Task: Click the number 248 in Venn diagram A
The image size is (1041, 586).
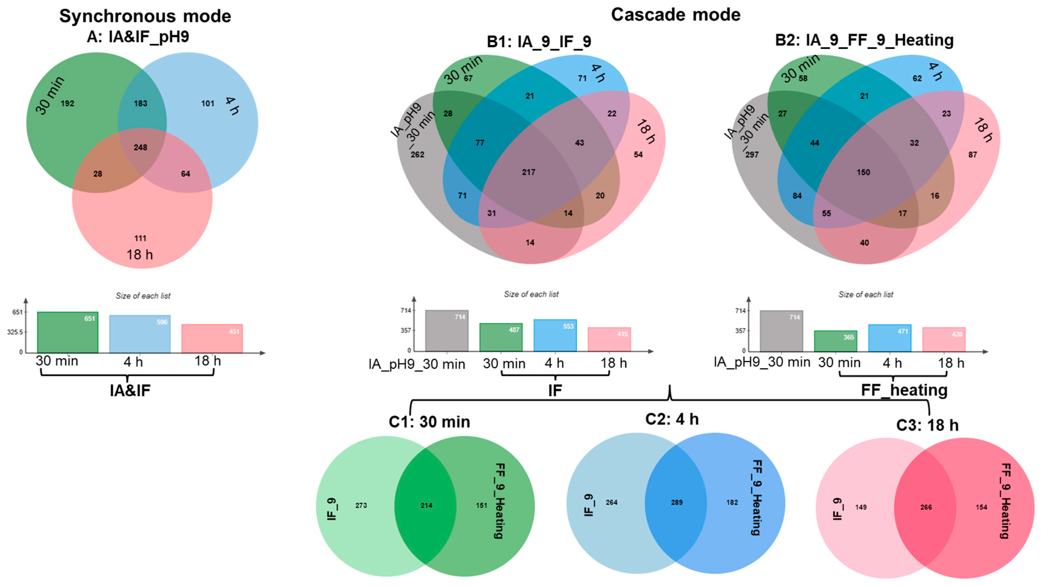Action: pyautogui.click(x=140, y=147)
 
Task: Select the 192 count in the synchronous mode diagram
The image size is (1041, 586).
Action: pyautogui.click(x=67, y=103)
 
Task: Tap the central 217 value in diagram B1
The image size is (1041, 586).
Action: pyautogui.click(x=528, y=172)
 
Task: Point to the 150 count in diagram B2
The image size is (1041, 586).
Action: pyautogui.click(x=863, y=172)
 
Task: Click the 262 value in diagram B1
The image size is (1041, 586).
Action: pyautogui.click(x=417, y=154)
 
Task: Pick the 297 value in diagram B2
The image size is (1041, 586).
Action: pyautogui.click(x=752, y=154)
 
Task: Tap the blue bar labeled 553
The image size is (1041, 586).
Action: pyautogui.click(x=555, y=335)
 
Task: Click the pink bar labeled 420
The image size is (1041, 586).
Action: pyautogui.click(x=944, y=340)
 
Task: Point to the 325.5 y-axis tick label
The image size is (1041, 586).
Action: pyautogui.click(x=15, y=332)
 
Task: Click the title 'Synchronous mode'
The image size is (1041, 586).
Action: pyautogui.click(x=145, y=16)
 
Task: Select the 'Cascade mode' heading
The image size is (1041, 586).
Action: pyautogui.click(x=676, y=15)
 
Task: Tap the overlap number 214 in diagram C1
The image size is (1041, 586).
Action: pyautogui.click(x=426, y=505)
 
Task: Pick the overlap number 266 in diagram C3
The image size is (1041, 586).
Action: pyautogui.click(x=926, y=507)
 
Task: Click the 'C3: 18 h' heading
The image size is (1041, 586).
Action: pyautogui.click(x=927, y=425)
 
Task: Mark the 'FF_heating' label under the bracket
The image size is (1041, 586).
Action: pyautogui.click(x=904, y=390)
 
